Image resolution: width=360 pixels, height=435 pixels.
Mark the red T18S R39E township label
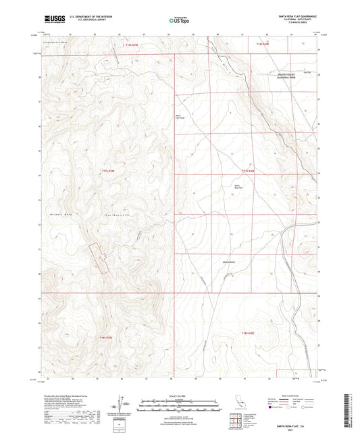pyautogui.click(x=109, y=337)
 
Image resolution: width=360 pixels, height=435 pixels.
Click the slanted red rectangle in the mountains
pyautogui.click(x=101, y=257)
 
